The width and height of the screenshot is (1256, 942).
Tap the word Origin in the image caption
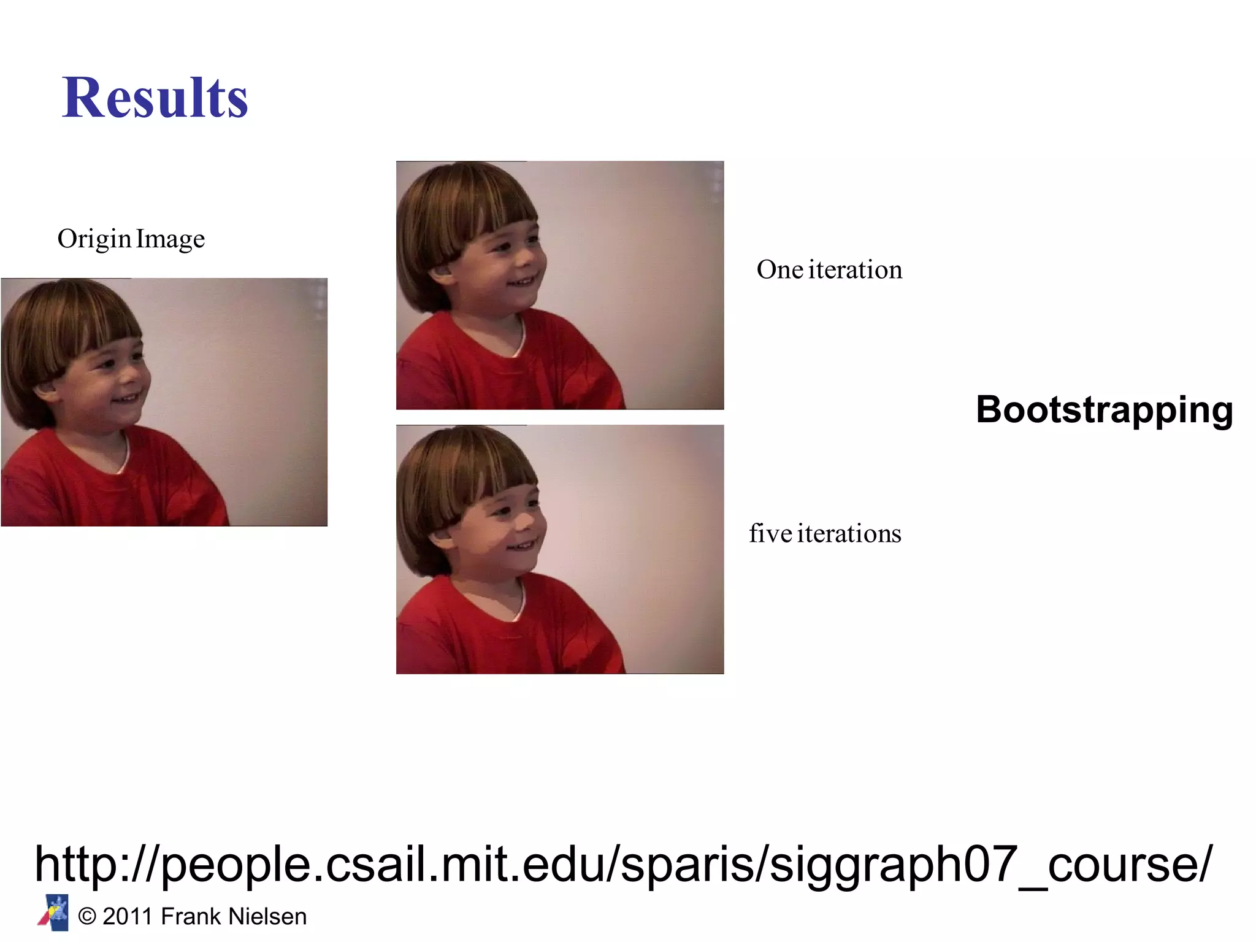pos(94,239)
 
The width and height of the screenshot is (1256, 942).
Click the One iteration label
pos(829,269)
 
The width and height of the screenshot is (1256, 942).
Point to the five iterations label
pos(825,533)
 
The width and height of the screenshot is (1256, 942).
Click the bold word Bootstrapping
pos(1104,409)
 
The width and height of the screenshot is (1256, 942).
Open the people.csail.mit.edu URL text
pos(623,863)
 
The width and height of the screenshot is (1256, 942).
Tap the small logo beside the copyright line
pos(54,913)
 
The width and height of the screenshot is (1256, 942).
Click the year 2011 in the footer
pos(127,916)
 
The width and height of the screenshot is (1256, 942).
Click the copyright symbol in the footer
pos(87,917)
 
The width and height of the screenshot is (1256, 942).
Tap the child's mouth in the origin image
pos(127,400)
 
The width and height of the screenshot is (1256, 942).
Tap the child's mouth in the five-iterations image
pos(523,545)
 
